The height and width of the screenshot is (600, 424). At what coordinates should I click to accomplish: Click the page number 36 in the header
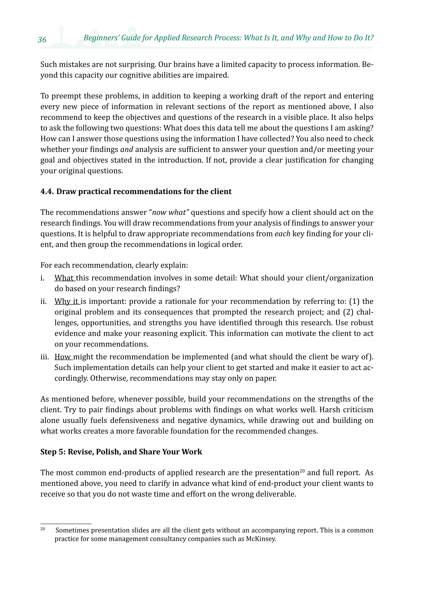coord(42,40)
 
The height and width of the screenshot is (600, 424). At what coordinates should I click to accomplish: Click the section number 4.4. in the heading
coord(47,192)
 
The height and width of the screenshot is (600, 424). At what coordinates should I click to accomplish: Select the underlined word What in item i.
coord(64,278)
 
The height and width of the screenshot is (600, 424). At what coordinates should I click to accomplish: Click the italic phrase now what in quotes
coord(169,212)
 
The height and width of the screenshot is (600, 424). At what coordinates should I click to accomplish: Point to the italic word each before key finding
coord(282,234)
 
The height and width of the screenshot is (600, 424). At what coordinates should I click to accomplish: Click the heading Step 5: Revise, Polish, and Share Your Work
coord(121,452)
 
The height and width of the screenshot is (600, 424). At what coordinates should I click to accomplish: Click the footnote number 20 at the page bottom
coord(43,529)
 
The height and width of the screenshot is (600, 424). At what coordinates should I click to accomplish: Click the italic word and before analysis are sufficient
coord(127,149)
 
